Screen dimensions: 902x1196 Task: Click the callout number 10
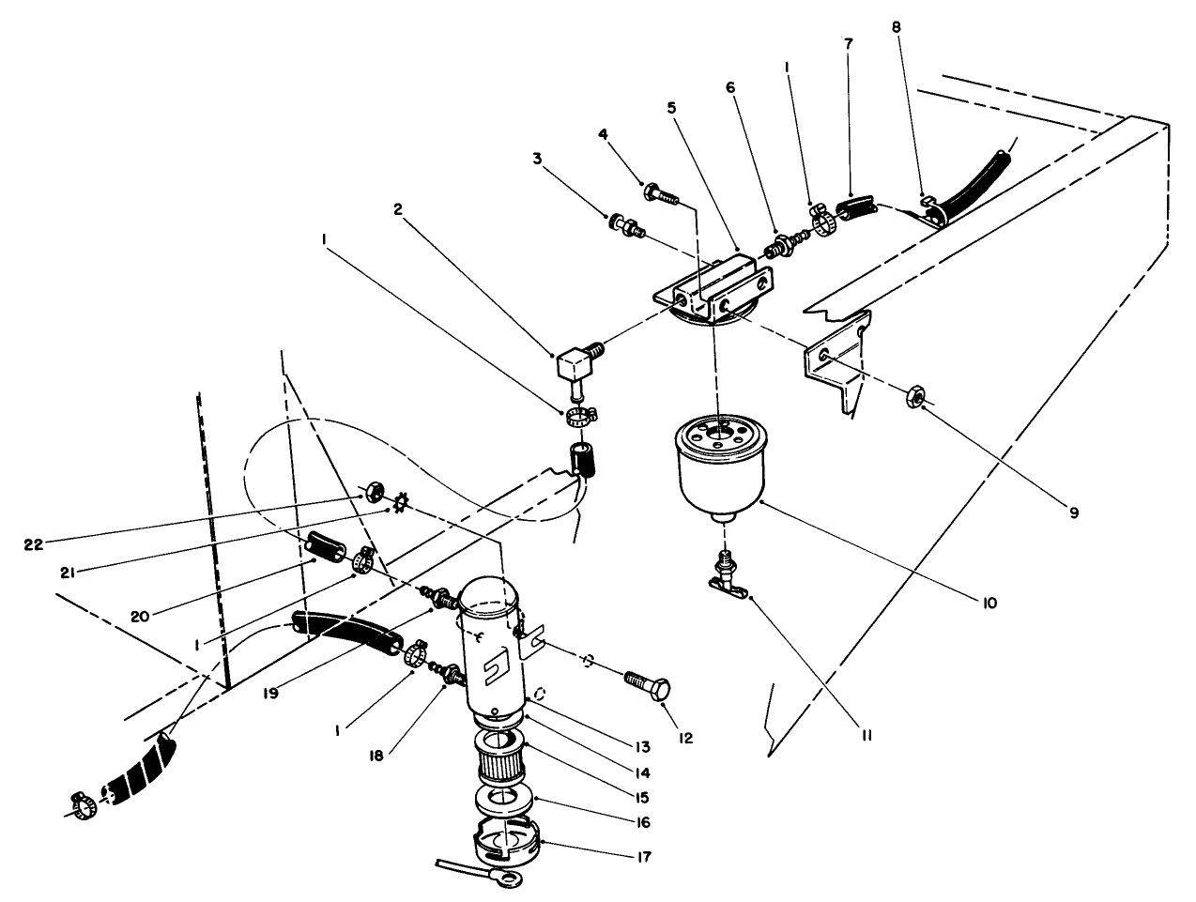click(989, 602)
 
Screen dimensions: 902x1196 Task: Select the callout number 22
click(34, 543)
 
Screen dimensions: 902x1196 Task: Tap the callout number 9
click(1073, 512)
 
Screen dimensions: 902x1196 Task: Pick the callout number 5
click(671, 107)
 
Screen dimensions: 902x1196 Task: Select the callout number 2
click(398, 211)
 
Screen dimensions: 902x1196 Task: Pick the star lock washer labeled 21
click(397, 506)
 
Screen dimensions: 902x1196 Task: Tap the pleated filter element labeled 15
click(500, 756)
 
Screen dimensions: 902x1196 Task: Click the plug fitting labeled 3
click(623, 225)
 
